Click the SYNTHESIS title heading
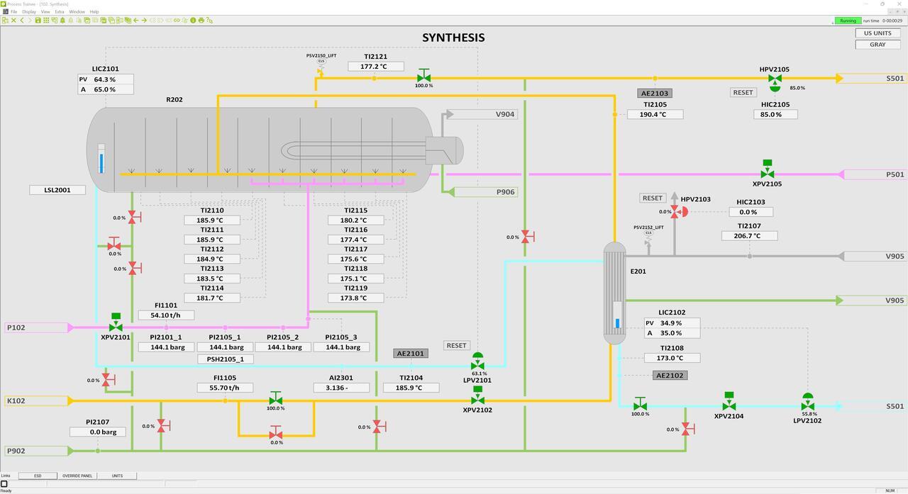(453, 38)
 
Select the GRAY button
(877, 44)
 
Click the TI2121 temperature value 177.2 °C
(375, 67)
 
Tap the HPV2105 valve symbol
(775, 79)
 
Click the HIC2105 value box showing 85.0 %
(775, 114)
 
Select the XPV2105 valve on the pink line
(767, 173)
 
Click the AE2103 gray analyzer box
(655, 93)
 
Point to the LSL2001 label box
(57, 190)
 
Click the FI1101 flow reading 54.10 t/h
(166, 315)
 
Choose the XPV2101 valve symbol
(116, 327)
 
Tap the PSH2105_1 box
(225, 359)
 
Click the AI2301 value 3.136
(341, 388)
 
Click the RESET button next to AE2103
(743, 92)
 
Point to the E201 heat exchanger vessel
(615, 293)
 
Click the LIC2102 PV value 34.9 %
(671, 323)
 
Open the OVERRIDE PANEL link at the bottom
(77, 476)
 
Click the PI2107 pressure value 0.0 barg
(97, 432)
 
